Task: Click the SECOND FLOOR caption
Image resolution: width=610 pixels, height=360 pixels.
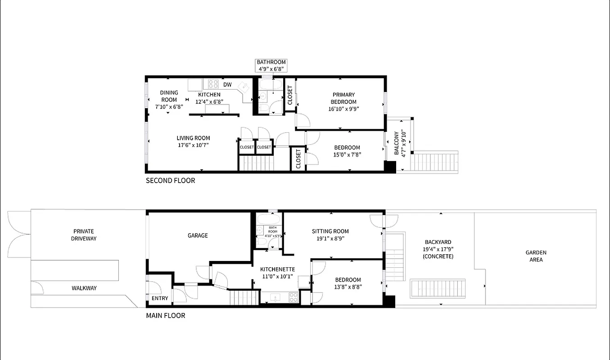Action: pos(170,180)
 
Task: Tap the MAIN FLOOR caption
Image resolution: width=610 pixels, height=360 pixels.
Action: pos(165,315)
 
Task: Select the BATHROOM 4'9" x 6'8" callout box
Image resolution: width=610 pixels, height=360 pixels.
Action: pos(271,66)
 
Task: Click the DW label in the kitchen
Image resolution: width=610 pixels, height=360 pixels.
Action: pos(227,85)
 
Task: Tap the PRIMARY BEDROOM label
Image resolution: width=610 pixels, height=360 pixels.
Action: pos(343,98)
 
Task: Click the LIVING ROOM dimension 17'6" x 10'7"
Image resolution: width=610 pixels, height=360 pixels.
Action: pos(193,145)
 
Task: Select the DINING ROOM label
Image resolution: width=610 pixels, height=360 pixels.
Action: pos(169,96)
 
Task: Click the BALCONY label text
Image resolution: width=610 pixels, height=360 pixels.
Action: pos(397,143)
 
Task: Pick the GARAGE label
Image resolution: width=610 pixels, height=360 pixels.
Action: pos(198,235)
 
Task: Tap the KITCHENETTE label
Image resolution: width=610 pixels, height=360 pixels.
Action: pos(278,269)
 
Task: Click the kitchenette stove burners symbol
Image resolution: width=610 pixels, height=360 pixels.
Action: pos(293,297)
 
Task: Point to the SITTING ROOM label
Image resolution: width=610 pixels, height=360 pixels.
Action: pos(330,231)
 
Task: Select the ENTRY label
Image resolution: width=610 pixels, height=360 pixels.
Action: pos(160,298)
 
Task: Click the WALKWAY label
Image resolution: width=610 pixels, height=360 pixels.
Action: pos(84,288)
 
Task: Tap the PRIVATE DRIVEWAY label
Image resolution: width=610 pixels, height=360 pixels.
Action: pos(84,235)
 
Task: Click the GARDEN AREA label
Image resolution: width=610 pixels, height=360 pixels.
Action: pos(536,256)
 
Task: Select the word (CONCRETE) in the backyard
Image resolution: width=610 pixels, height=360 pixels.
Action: pos(437,256)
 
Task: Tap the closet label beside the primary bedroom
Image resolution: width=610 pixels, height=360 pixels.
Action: pos(289,94)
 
